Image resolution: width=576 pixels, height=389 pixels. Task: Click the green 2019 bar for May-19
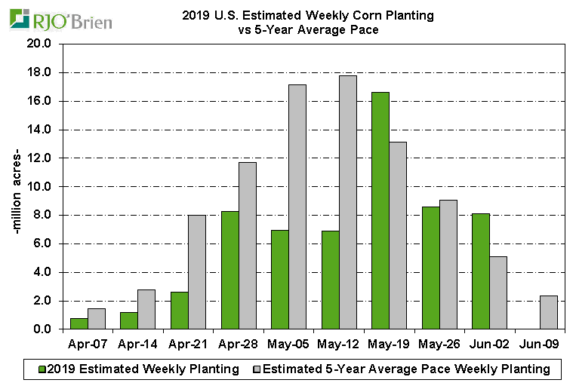[380, 211]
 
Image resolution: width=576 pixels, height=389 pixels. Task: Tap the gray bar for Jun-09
[550, 312]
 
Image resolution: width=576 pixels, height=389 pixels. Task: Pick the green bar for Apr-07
[79, 323]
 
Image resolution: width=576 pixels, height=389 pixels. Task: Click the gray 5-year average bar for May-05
[297, 207]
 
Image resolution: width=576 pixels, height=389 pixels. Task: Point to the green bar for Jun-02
[481, 271]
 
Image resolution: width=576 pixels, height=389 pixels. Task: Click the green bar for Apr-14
[129, 320]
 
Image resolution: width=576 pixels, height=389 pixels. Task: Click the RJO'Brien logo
[60, 20]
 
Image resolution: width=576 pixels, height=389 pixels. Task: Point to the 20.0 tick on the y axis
[39, 44]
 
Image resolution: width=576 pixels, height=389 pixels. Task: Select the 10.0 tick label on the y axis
[39, 186]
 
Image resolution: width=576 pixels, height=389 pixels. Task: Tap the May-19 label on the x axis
[388, 345]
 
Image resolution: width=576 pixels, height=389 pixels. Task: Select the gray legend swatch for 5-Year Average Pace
[255, 369]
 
